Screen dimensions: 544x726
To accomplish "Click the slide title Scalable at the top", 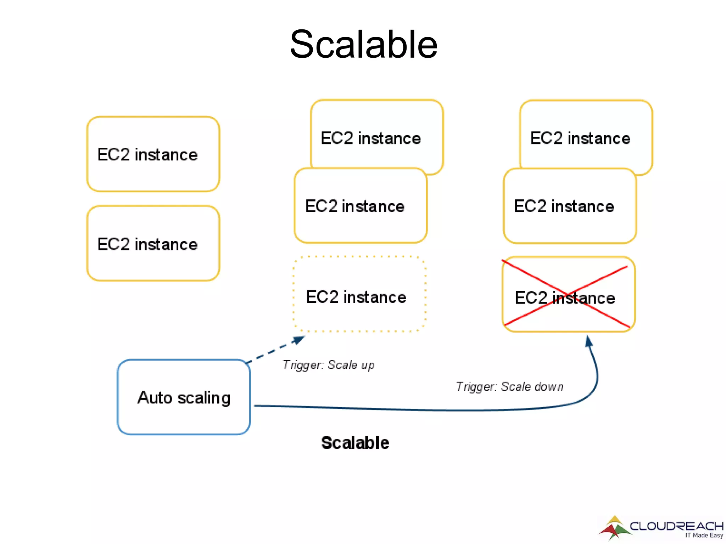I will [363, 44].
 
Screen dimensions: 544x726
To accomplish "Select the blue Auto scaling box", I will [184, 397].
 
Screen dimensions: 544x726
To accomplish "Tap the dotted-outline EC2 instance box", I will [359, 294].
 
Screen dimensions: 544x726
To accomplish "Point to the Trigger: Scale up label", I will [328, 365].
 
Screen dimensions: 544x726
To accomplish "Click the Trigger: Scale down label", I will [509, 386].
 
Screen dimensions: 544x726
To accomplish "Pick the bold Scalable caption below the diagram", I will [355, 443].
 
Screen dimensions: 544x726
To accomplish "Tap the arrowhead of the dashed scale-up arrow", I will [298, 340].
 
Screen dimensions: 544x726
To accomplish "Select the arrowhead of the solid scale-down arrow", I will [588, 341].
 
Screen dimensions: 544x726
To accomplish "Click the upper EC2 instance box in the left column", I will [153, 154].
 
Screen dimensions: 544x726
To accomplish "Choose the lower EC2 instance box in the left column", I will [153, 244].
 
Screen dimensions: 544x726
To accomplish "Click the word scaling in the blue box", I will [204, 398].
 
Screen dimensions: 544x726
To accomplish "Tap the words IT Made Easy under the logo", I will [704, 535].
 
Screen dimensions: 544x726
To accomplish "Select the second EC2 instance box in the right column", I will [570, 206].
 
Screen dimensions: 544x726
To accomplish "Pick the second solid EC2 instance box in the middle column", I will [361, 206].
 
